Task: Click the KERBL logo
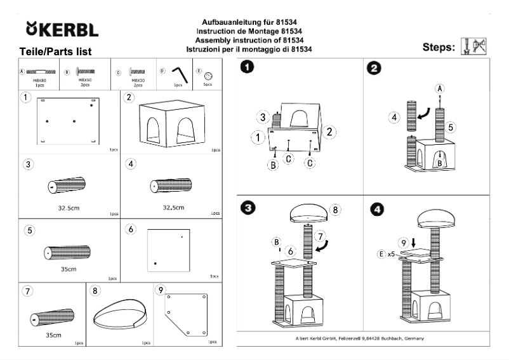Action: point(61,30)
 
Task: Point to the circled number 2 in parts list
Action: point(129,97)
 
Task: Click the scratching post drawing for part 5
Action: point(66,251)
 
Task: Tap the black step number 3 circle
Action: point(246,207)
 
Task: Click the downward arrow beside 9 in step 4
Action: point(413,242)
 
